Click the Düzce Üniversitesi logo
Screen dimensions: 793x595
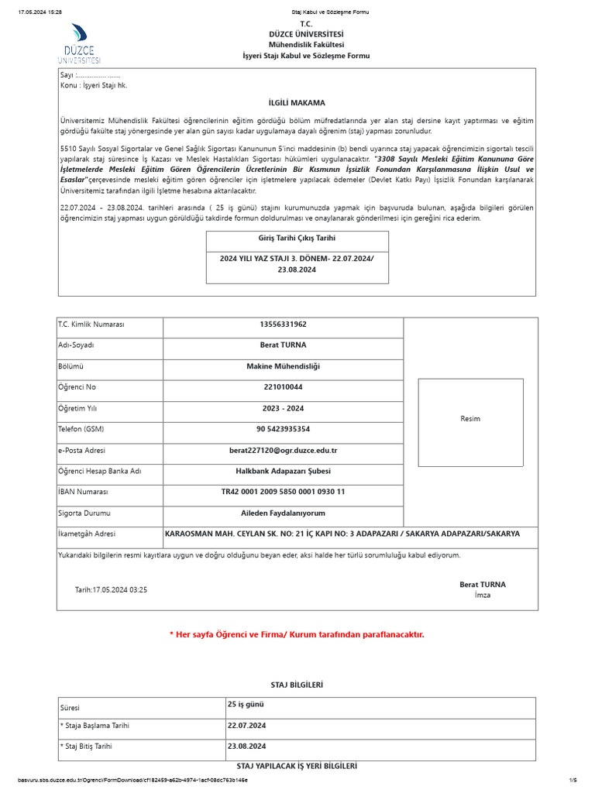pyautogui.click(x=79, y=43)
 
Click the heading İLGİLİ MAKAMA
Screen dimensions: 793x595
pyautogui.click(x=297, y=103)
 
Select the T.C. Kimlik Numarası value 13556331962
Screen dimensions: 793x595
pyautogui.click(x=283, y=324)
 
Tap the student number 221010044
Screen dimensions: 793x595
pyautogui.click(x=283, y=386)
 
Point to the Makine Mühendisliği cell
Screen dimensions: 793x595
pyautogui.click(x=283, y=366)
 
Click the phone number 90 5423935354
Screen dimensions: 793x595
pyautogui.click(x=283, y=428)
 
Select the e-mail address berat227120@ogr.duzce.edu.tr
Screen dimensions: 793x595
pyautogui.click(x=283, y=450)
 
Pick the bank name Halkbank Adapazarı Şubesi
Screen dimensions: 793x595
pyautogui.click(x=283, y=471)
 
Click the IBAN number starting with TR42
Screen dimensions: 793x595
pyautogui.click(x=283, y=492)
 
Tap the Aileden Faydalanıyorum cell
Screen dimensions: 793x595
pyautogui.click(x=283, y=513)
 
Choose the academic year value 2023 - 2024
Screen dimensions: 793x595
pyautogui.click(x=283, y=408)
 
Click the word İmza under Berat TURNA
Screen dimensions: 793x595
pyautogui.click(x=482, y=596)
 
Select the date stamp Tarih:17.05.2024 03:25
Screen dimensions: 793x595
pyautogui.click(x=111, y=590)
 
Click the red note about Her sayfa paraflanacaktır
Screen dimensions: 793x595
pyautogui.click(x=297, y=634)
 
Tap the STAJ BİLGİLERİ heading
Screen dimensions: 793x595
pyautogui.click(x=297, y=685)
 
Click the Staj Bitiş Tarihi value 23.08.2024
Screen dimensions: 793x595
pyautogui.click(x=246, y=746)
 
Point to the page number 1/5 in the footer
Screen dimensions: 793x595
pyautogui.click(x=573, y=780)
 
